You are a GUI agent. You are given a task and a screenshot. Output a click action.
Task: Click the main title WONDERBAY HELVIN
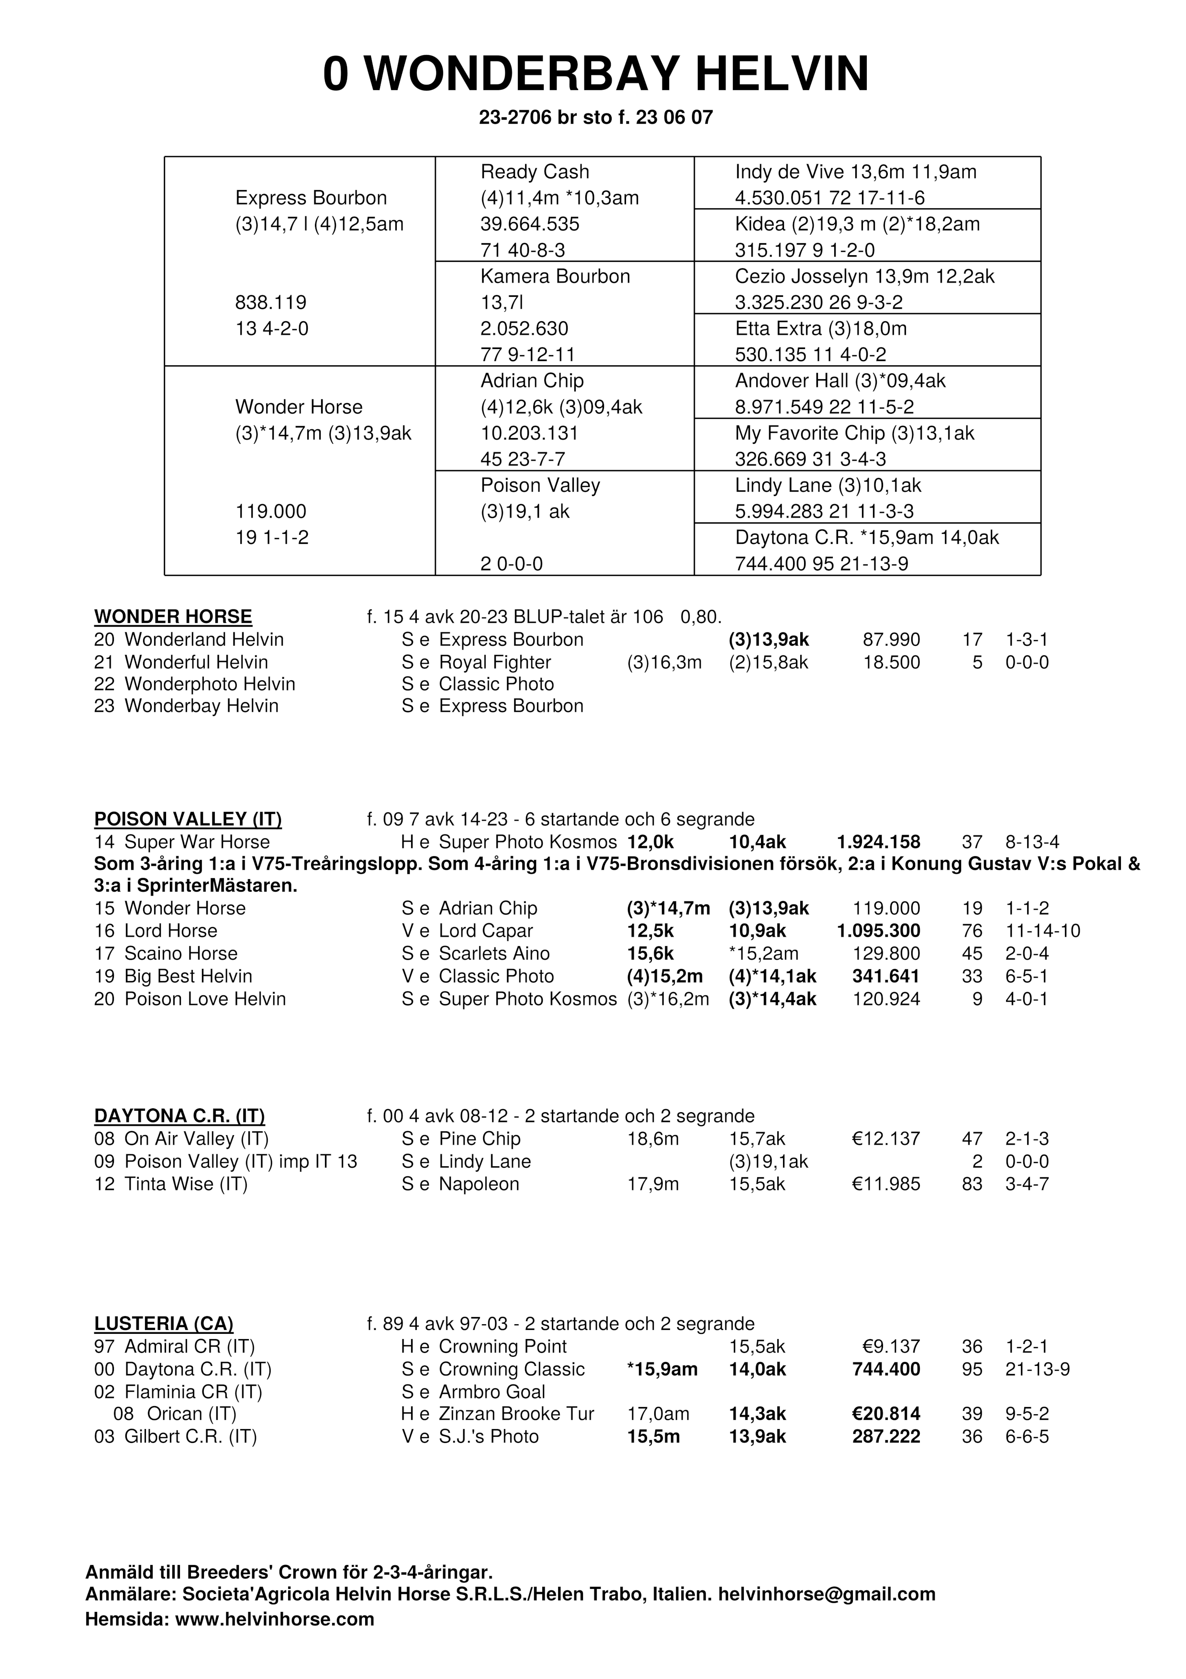pyautogui.click(x=595, y=75)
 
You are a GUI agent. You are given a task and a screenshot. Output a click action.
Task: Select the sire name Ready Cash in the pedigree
pyautogui.click(x=535, y=172)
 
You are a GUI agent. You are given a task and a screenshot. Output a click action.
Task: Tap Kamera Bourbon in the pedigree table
pyautogui.click(x=555, y=276)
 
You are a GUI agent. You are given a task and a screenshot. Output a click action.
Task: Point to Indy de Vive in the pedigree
pyautogui.click(x=790, y=172)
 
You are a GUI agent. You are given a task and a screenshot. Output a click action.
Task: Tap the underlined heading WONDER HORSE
pyautogui.click(x=173, y=617)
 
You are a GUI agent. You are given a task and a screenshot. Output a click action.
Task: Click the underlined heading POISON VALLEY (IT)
pyautogui.click(x=188, y=819)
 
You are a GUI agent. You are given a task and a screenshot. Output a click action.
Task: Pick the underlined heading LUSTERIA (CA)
pyautogui.click(x=164, y=1324)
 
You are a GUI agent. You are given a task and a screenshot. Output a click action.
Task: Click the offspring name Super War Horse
pyautogui.click(x=197, y=842)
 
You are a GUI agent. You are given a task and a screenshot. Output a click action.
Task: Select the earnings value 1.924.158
pyautogui.click(x=878, y=842)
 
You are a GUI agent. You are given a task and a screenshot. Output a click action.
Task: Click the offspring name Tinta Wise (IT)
pyautogui.click(x=186, y=1184)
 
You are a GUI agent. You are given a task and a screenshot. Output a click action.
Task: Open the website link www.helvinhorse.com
pyautogui.click(x=274, y=1619)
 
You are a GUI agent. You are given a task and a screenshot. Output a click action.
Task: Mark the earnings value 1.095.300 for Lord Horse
pyautogui.click(x=878, y=931)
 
